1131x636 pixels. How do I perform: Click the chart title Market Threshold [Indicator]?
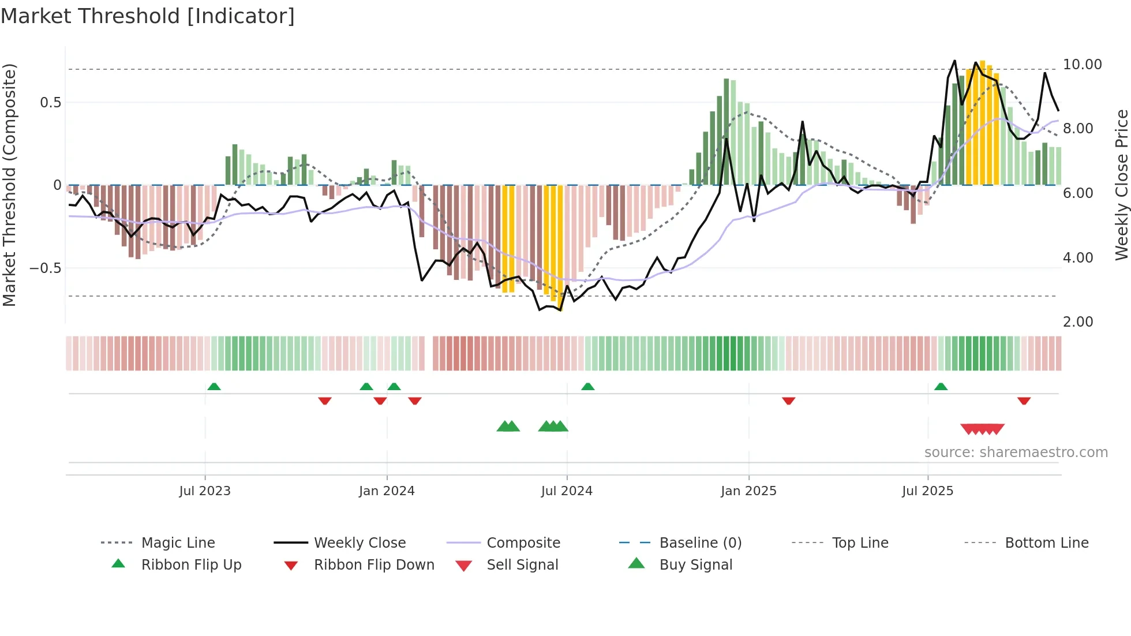click(x=148, y=16)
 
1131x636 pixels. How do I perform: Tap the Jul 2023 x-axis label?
click(x=204, y=491)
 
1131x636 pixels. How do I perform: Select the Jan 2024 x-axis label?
click(x=387, y=491)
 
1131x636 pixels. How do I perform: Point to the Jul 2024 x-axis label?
click(x=567, y=491)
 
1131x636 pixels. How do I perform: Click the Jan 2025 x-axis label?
click(x=748, y=491)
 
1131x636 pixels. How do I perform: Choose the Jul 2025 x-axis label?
click(x=927, y=491)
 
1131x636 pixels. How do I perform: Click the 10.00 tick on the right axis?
click(x=1082, y=65)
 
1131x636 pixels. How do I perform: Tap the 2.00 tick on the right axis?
click(x=1077, y=322)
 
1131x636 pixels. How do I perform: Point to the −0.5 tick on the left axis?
click(x=45, y=268)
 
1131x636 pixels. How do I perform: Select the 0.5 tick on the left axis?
click(x=50, y=103)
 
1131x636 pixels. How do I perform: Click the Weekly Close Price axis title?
click(x=1121, y=185)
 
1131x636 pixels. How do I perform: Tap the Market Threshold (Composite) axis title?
click(x=9, y=185)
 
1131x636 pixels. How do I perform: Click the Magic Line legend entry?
click(x=178, y=543)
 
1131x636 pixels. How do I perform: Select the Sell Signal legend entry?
click(x=522, y=565)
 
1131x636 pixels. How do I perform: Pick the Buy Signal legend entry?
click(x=695, y=565)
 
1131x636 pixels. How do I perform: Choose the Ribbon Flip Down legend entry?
click(x=373, y=565)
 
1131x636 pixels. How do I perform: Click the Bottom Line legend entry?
click(x=1046, y=543)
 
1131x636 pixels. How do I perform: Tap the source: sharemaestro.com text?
click(x=1016, y=452)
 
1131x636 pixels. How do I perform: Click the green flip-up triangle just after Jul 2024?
click(x=587, y=387)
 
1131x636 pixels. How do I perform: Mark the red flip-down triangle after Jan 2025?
click(x=788, y=401)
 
